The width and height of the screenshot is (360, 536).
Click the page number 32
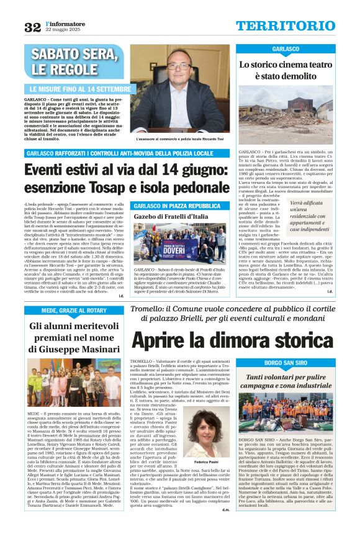click(32, 27)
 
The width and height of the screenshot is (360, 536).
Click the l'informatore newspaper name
click(61, 23)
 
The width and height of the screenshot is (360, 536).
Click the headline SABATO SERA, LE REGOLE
click(71, 61)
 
